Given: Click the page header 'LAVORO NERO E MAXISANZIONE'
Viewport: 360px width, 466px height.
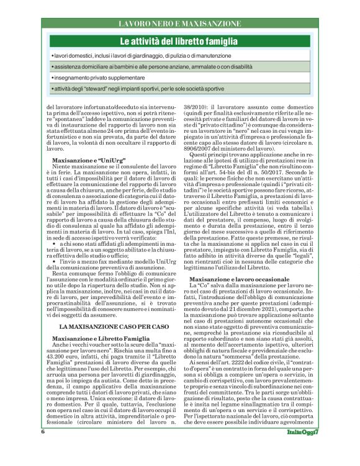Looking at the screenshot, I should point(180,23).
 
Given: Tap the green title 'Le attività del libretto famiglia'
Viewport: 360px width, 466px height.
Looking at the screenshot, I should point(180,42).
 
